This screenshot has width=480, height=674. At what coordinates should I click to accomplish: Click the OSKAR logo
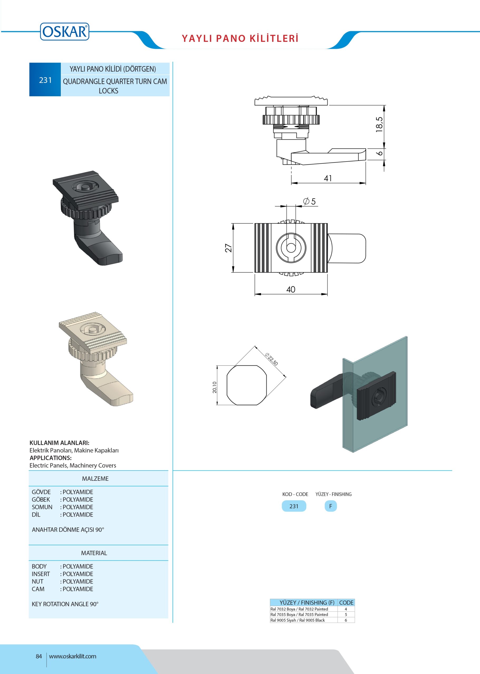click(64, 31)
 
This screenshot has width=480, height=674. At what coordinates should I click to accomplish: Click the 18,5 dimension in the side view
click(379, 124)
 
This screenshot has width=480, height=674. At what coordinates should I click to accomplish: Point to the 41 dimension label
click(328, 178)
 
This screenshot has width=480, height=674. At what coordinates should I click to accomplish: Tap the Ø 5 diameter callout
click(309, 201)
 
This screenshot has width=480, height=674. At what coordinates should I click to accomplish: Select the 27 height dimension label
click(229, 248)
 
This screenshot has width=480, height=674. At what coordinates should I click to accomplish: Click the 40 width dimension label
click(291, 289)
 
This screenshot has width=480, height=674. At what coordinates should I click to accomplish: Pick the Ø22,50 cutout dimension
click(271, 359)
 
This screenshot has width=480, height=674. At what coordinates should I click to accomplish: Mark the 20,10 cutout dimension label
click(215, 387)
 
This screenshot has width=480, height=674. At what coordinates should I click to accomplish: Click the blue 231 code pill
click(294, 506)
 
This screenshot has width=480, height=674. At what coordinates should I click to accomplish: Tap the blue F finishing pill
click(331, 506)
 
